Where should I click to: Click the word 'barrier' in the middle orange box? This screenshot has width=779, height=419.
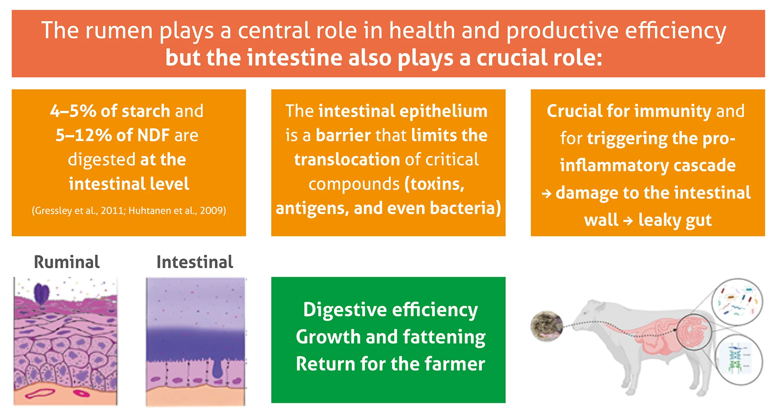[x=343, y=135]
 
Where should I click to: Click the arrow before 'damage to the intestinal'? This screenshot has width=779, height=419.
[x=546, y=193]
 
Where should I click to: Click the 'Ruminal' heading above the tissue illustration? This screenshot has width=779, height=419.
[x=67, y=262]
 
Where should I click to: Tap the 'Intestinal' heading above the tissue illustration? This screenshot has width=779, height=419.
[x=195, y=262]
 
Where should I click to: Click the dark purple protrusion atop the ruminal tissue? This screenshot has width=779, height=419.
[x=42, y=293]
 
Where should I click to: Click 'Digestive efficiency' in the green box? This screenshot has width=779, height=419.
[x=390, y=310]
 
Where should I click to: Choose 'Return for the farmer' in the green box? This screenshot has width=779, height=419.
[x=390, y=364]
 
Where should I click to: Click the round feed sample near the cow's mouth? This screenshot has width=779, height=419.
[x=547, y=326]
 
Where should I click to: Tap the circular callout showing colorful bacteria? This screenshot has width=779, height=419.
[x=737, y=302]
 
